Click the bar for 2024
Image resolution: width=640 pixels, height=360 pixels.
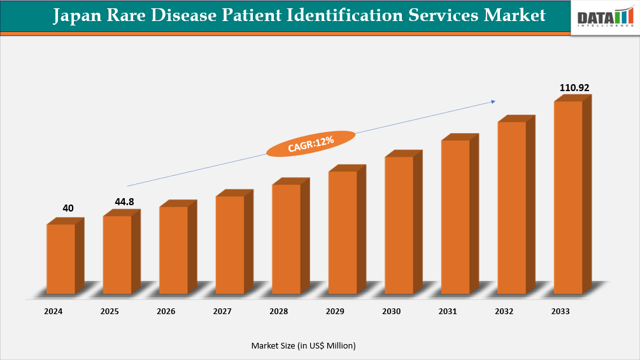tap(61, 258)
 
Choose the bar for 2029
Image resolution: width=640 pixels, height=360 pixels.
tap(343, 232)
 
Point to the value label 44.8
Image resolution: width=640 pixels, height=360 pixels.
tap(125, 202)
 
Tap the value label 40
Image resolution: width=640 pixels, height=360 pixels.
tap(68, 208)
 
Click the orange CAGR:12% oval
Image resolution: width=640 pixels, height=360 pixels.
tap(310, 143)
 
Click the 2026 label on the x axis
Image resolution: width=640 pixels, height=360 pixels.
tap(166, 312)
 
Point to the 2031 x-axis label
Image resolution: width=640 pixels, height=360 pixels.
tap(448, 312)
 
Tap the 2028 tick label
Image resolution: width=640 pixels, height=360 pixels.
tap(278, 312)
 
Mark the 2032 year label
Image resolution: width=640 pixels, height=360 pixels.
tap(504, 312)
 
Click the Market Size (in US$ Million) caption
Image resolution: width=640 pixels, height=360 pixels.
tap(303, 345)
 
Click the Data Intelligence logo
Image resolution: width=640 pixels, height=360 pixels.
tap(604, 18)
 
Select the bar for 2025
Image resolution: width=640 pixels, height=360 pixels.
tap(117, 254)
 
